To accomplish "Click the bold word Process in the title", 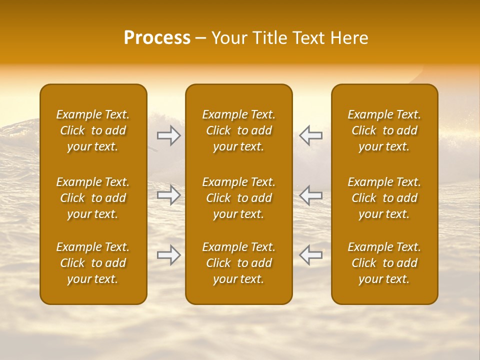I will (x=157, y=38).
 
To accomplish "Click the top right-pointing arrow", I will (x=169, y=135).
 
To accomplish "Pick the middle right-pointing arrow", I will (x=169, y=195).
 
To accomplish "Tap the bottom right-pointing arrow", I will (x=169, y=255).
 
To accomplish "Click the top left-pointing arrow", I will (x=311, y=135).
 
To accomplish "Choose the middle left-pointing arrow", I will (x=311, y=195).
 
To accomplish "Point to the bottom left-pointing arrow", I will (x=311, y=255).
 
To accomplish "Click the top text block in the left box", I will (x=93, y=130).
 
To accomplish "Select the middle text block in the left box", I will (x=93, y=198).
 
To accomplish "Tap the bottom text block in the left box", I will (x=93, y=263).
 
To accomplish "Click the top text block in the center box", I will (x=239, y=130).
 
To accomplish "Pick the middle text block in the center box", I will (x=239, y=198).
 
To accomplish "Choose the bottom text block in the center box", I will (x=239, y=263).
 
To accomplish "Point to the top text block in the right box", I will (x=384, y=130).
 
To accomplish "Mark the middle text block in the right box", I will (x=384, y=198).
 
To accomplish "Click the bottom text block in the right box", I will (x=384, y=263).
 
